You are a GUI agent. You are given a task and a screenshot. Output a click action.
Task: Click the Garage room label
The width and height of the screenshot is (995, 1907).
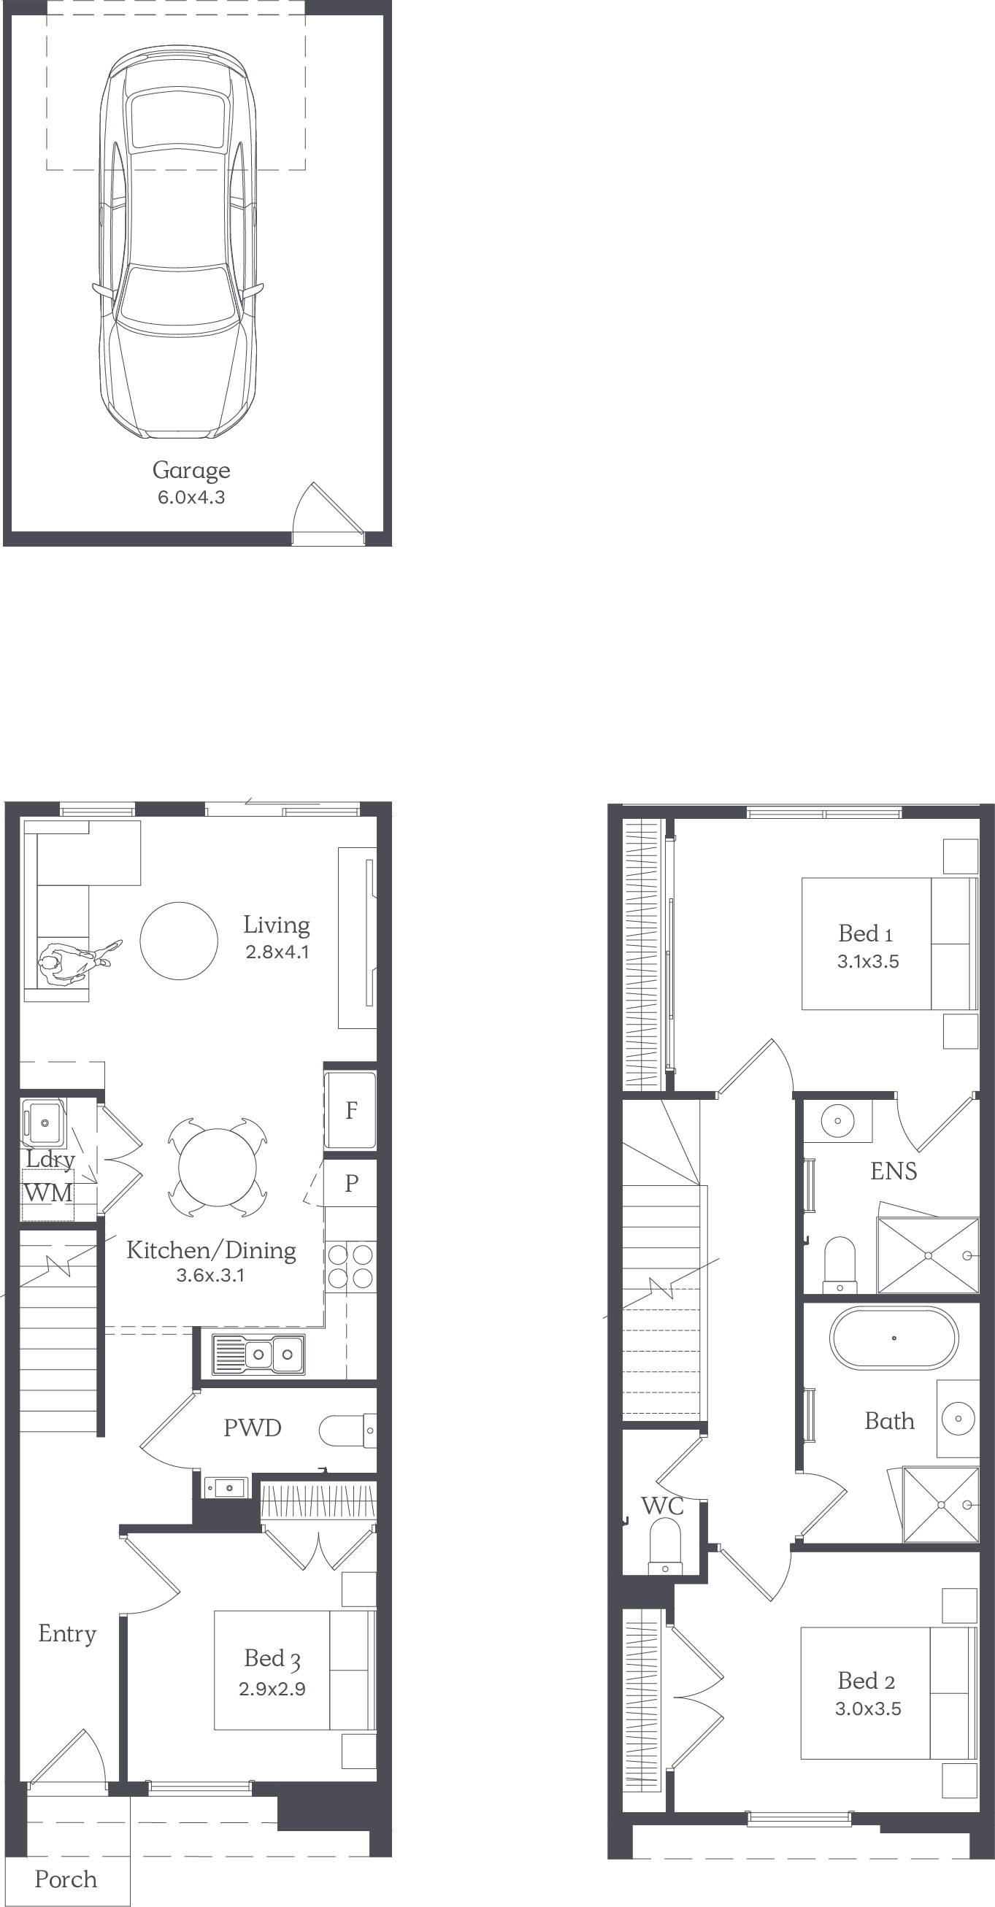pyautogui.click(x=191, y=471)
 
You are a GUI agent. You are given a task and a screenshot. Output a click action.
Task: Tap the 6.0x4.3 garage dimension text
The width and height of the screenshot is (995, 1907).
pyautogui.click(x=191, y=498)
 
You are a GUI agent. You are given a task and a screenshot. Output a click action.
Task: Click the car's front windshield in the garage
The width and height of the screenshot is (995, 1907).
pyautogui.click(x=177, y=296)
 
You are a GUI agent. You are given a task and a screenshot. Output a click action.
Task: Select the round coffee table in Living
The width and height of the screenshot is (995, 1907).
pyautogui.click(x=179, y=941)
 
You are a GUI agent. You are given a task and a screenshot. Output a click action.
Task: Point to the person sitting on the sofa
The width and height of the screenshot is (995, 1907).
pyautogui.click(x=74, y=961)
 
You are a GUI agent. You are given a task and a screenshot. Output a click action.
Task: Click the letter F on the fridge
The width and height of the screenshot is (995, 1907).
pyautogui.click(x=352, y=1110)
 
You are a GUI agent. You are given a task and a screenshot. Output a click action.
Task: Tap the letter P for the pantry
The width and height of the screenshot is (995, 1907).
pyautogui.click(x=352, y=1183)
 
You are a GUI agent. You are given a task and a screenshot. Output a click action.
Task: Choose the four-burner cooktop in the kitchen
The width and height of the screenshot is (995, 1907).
pyautogui.click(x=350, y=1267)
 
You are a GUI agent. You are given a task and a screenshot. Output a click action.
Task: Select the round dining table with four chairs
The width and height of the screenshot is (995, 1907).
pyautogui.click(x=217, y=1168)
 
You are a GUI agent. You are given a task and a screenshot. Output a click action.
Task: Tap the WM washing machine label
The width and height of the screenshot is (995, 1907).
pyautogui.click(x=48, y=1193)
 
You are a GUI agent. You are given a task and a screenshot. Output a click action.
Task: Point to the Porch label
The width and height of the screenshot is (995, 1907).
pyautogui.click(x=66, y=1879)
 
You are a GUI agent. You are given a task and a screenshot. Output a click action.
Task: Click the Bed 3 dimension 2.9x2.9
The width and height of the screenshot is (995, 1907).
pyautogui.click(x=272, y=1689)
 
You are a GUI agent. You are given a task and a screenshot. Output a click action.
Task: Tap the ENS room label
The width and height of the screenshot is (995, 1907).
pyautogui.click(x=894, y=1171)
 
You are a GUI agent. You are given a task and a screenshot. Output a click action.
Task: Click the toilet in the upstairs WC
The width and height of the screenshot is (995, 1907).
pyautogui.click(x=665, y=1546)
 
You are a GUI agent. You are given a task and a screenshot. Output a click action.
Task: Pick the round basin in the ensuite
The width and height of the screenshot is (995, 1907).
pyautogui.click(x=838, y=1120)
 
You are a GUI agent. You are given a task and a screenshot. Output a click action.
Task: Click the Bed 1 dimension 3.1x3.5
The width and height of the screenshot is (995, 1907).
pyautogui.click(x=868, y=962)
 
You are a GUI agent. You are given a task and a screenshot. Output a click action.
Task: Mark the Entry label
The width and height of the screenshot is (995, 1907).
pyautogui.click(x=67, y=1634)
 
